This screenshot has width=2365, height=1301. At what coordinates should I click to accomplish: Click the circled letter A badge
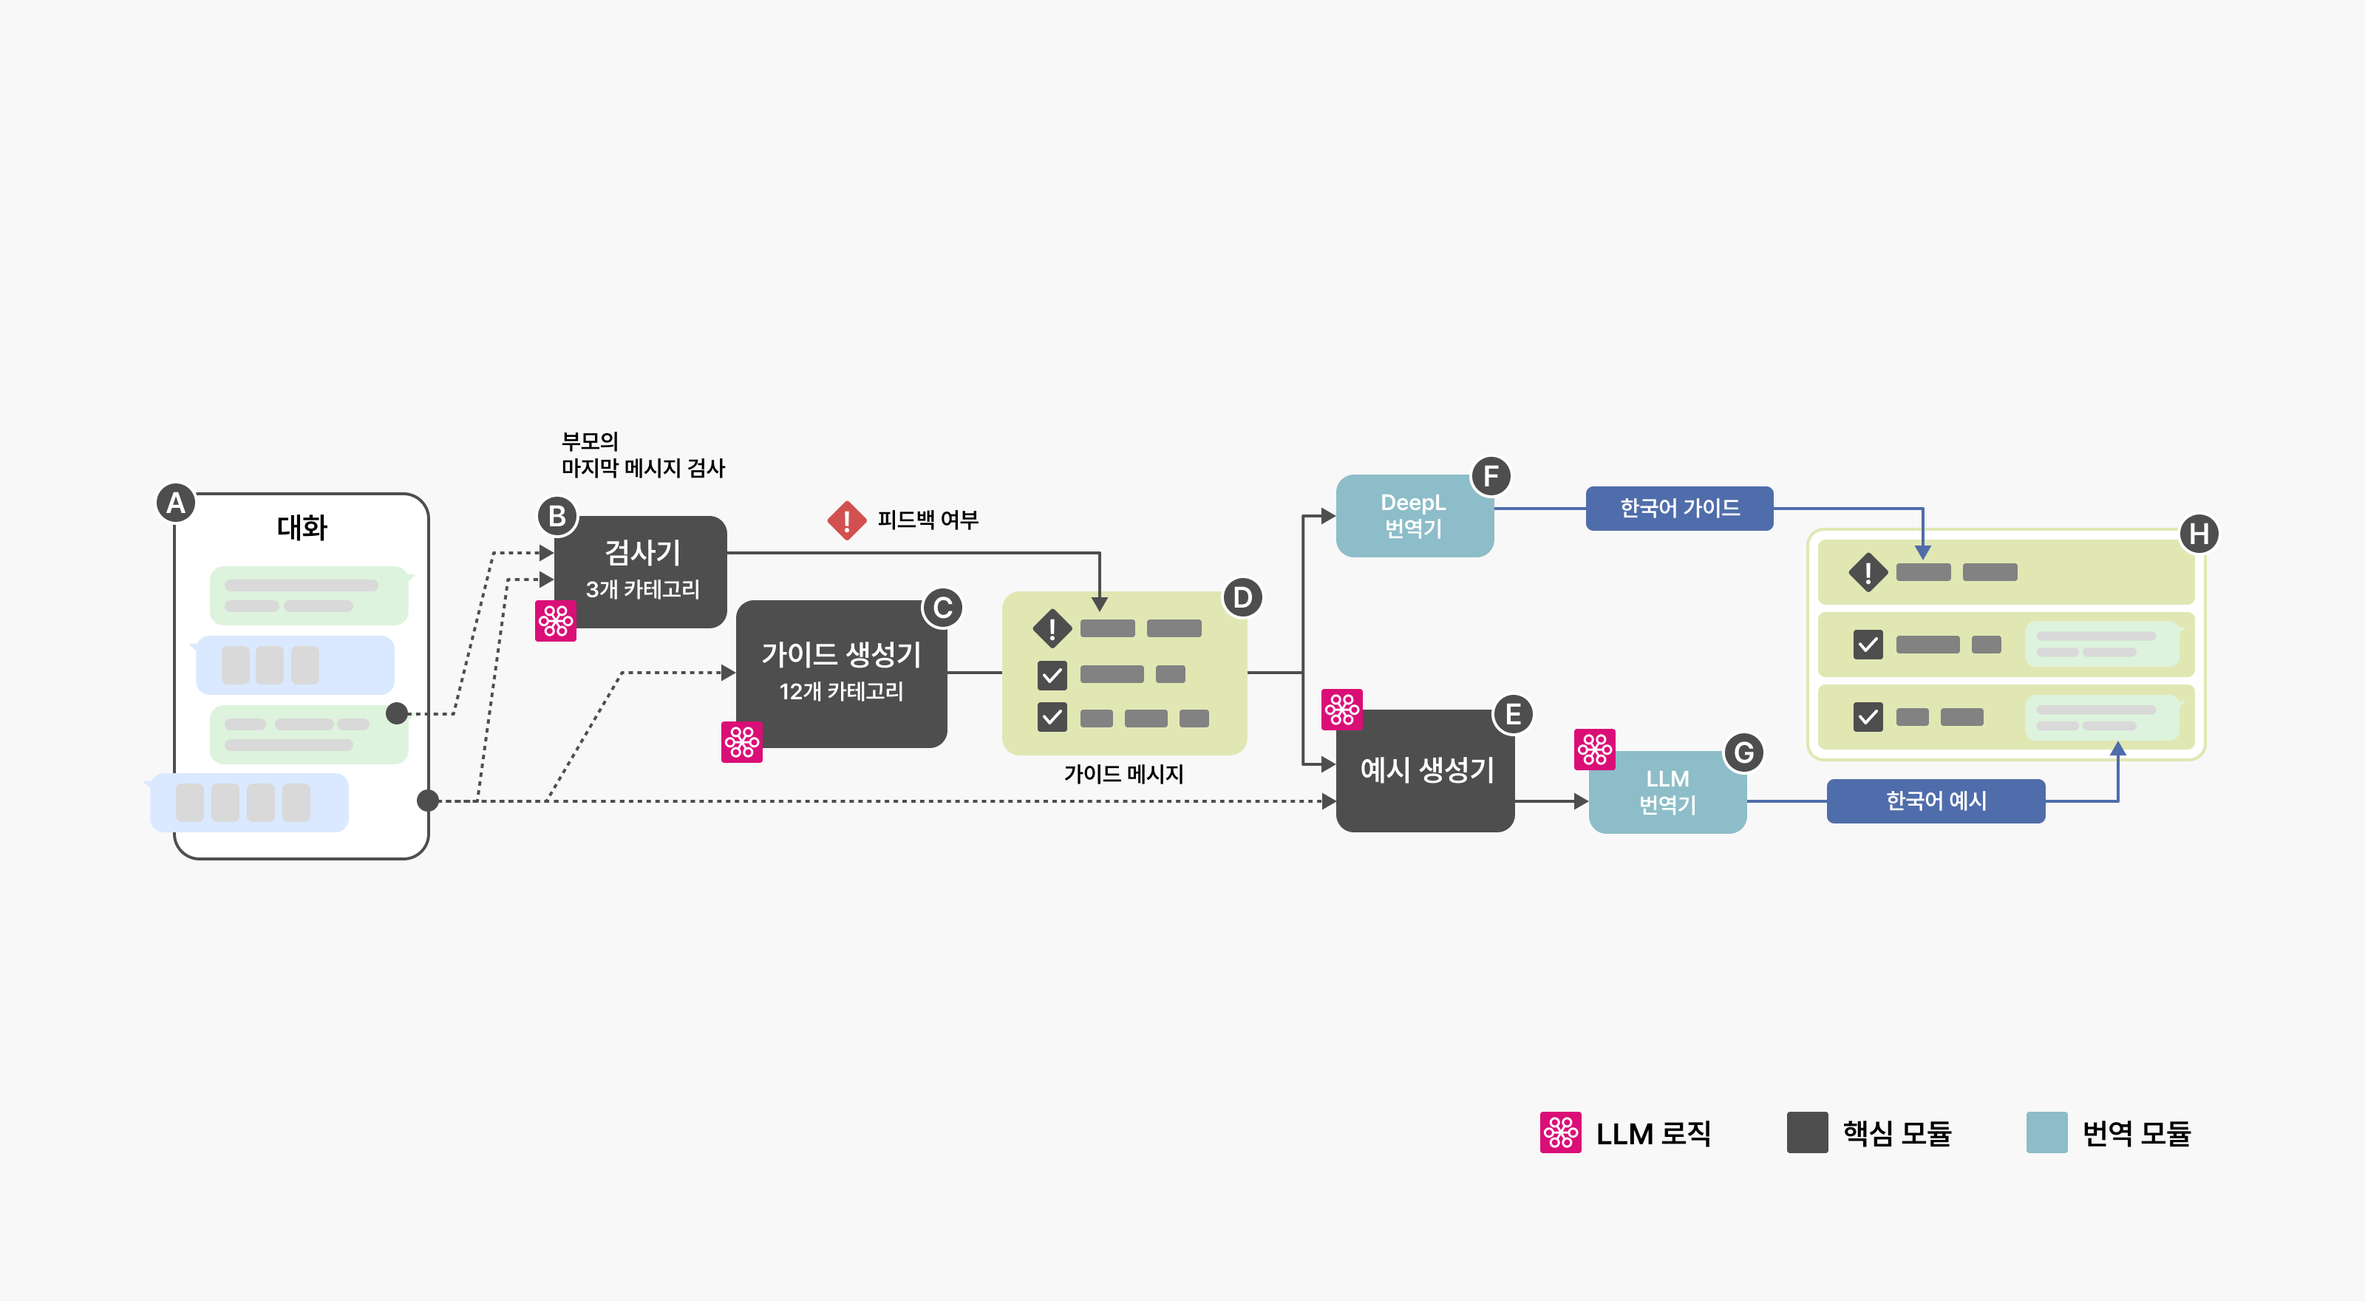[175, 503]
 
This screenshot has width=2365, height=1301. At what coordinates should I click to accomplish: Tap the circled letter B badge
[557, 516]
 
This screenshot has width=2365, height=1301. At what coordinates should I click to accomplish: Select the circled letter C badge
[942, 608]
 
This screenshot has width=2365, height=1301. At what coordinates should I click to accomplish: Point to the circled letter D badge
[1242, 598]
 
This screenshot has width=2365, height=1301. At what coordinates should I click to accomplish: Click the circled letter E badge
[1512, 714]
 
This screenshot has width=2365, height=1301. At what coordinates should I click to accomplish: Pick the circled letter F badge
[1490, 475]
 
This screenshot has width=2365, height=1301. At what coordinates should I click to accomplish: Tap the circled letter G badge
[1743, 753]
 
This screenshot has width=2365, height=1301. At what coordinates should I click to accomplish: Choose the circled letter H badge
[2199, 534]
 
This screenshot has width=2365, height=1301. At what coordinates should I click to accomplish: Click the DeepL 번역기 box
[1414, 516]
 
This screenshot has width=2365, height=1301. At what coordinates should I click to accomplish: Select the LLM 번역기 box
[1667, 792]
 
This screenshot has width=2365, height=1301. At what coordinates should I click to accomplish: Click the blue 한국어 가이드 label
[1679, 508]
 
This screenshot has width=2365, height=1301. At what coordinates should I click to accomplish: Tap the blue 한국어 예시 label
[1936, 801]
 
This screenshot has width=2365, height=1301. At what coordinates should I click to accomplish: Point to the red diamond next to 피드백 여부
[846, 520]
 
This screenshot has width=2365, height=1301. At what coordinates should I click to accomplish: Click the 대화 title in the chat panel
[302, 528]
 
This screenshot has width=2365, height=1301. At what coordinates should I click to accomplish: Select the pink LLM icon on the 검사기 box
[556, 622]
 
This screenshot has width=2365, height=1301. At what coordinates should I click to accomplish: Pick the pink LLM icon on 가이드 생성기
[742, 742]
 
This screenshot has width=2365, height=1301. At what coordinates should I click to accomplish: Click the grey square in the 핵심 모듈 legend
[1807, 1132]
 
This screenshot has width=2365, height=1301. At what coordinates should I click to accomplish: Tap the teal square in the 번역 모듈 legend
[2046, 1132]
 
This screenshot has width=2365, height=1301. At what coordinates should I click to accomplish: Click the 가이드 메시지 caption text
[1123, 774]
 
